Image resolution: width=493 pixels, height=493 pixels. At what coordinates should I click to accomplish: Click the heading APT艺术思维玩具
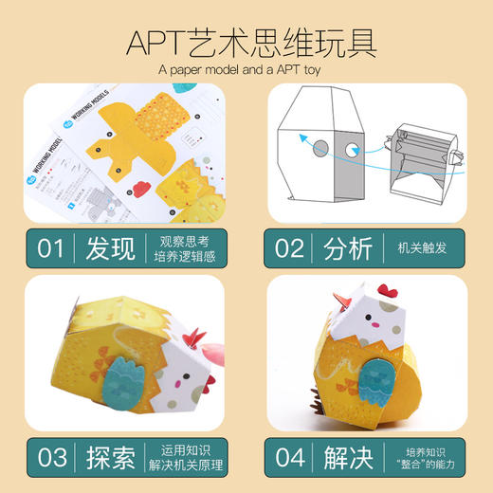(x=246, y=42)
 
